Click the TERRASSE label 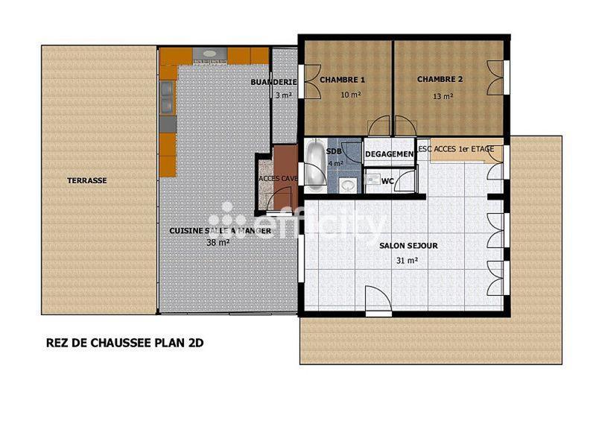[x=87, y=180]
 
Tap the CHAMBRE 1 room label [x=342, y=80]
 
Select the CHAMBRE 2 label [x=440, y=80]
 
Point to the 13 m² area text [x=443, y=95]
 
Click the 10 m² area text [x=350, y=95]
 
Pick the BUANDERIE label [x=274, y=82]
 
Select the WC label [x=387, y=180]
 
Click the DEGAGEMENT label [x=389, y=154]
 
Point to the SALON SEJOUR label [x=408, y=245]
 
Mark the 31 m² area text [x=407, y=261]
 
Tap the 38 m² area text [x=217, y=242]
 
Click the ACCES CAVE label [x=277, y=179]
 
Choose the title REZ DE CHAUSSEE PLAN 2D [x=125, y=343]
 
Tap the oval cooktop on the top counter [x=209, y=54]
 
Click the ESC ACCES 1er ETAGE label [x=456, y=150]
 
